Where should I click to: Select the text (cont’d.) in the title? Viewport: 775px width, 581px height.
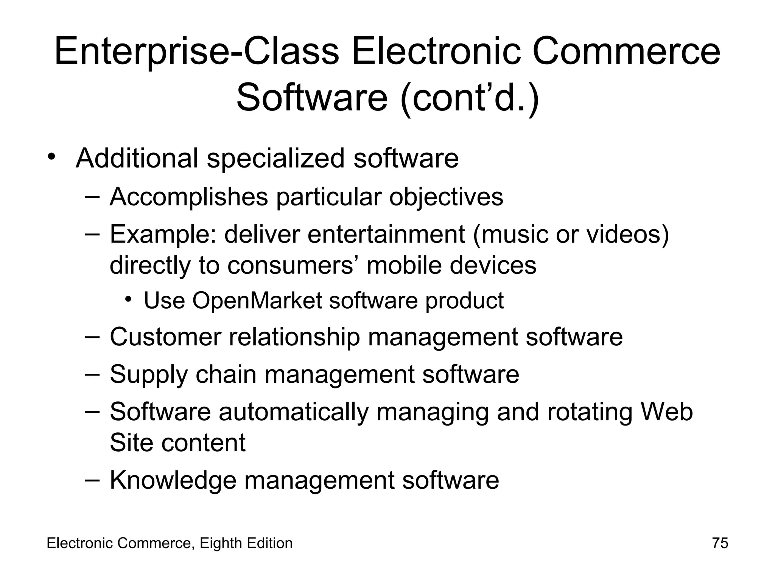[469, 98]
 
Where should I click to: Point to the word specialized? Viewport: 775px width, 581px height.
[275, 159]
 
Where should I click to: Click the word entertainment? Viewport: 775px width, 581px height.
[386, 234]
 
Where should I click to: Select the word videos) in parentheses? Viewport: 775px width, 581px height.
[628, 234]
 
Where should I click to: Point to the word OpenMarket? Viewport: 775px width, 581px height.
[257, 301]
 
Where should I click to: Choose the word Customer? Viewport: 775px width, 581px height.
[165, 337]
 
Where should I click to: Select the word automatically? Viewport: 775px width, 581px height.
[294, 412]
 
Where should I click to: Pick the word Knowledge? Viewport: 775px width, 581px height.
[173, 480]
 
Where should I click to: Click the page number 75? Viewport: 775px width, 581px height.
[720, 543]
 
